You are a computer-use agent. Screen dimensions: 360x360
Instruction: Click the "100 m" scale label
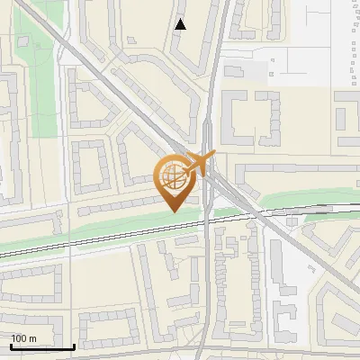[23, 337]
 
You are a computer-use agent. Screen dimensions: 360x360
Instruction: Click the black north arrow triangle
[181, 24]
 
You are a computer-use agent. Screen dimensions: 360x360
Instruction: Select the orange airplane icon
[203, 163]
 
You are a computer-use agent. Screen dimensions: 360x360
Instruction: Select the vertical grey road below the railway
[209, 288]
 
